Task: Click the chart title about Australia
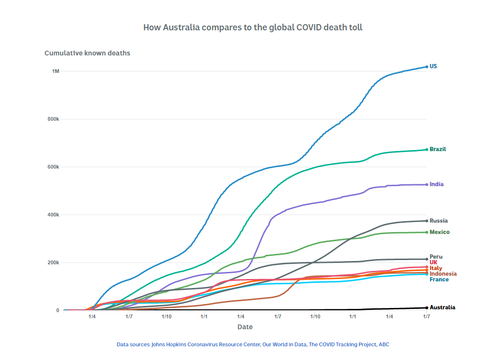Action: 253,27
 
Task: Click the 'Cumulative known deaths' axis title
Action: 87,53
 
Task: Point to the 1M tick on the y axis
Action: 55,71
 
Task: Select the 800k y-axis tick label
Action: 53,119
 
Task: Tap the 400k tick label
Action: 53,215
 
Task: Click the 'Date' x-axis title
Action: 245,327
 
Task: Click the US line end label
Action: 433,66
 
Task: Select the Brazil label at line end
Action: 438,149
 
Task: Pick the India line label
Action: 436,184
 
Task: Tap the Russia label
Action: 438,221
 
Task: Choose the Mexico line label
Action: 439,232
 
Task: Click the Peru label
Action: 436,257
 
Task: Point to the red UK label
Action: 433,262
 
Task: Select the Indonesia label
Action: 443,274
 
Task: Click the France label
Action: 439,279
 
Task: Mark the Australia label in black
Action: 442,307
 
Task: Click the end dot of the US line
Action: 426,67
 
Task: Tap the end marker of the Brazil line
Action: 426,150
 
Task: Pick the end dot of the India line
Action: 426,185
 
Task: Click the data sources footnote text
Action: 253,344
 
